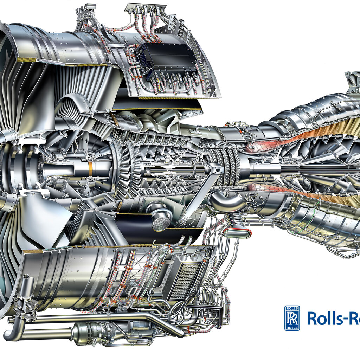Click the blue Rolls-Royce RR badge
point(292,318)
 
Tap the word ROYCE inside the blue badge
point(292,328)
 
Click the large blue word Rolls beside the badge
point(322,318)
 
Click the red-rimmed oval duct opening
point(237,232)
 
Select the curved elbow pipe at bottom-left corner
point(12,334)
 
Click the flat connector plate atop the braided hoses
point(145,6)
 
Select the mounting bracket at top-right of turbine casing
point(352,81)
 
